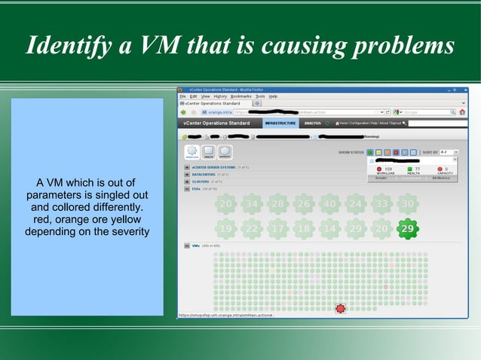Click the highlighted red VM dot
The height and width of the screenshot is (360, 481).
click(340, 308)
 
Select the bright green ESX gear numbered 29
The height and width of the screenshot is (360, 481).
click(407, 228)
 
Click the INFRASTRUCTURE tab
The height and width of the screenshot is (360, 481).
click(280, 123)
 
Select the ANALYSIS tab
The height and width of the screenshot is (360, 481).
click(313, 123)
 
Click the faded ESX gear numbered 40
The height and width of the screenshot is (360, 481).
click(329, 204)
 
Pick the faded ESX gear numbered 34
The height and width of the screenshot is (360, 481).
click(251, 204)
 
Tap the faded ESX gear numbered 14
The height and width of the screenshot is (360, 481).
click(329, 228)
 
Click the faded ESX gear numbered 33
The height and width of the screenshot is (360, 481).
click(382, 204)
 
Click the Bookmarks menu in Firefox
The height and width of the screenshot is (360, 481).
click(240, 96)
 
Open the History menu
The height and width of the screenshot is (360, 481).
click(220, 96)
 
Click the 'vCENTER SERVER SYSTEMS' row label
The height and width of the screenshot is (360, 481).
click(213, 167)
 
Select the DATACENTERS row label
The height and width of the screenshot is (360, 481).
click(204, 174)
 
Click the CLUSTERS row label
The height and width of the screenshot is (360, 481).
click(201, 182)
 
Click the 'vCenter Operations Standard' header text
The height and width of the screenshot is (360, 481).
click(216, 123)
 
